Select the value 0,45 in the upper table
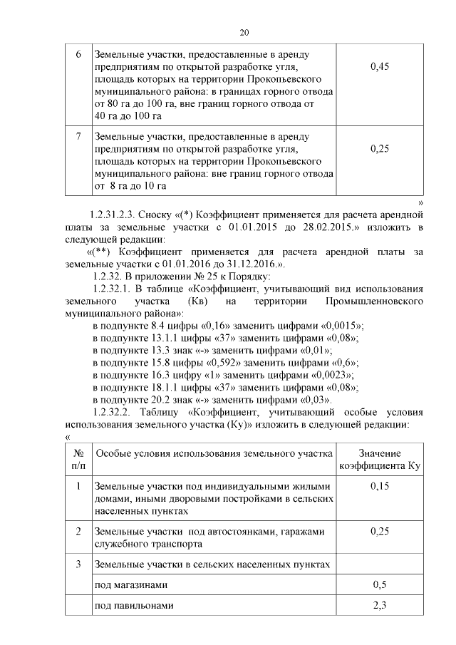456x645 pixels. point(380,67)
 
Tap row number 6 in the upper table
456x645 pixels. point(78,55)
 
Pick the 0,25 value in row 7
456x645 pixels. point(380,148)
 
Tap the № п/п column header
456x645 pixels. point(78,459)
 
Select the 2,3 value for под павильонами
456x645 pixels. point(380,606)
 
